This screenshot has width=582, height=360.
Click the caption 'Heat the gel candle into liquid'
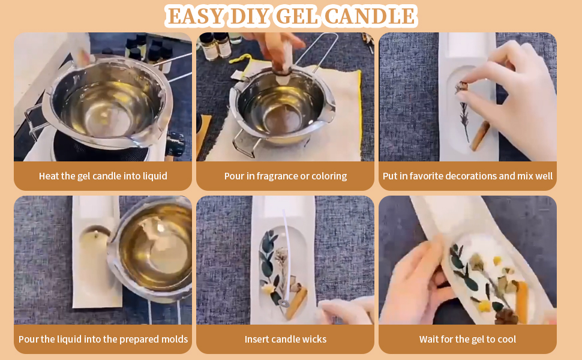[103, 176]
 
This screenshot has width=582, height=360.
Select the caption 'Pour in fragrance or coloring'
[285, 176]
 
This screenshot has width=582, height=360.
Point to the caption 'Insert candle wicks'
[285, 340]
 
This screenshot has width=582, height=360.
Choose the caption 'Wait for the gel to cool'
[467, 340]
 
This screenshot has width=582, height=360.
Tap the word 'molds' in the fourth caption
[171, 340]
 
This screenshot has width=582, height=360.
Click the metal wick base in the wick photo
[283, 304]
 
